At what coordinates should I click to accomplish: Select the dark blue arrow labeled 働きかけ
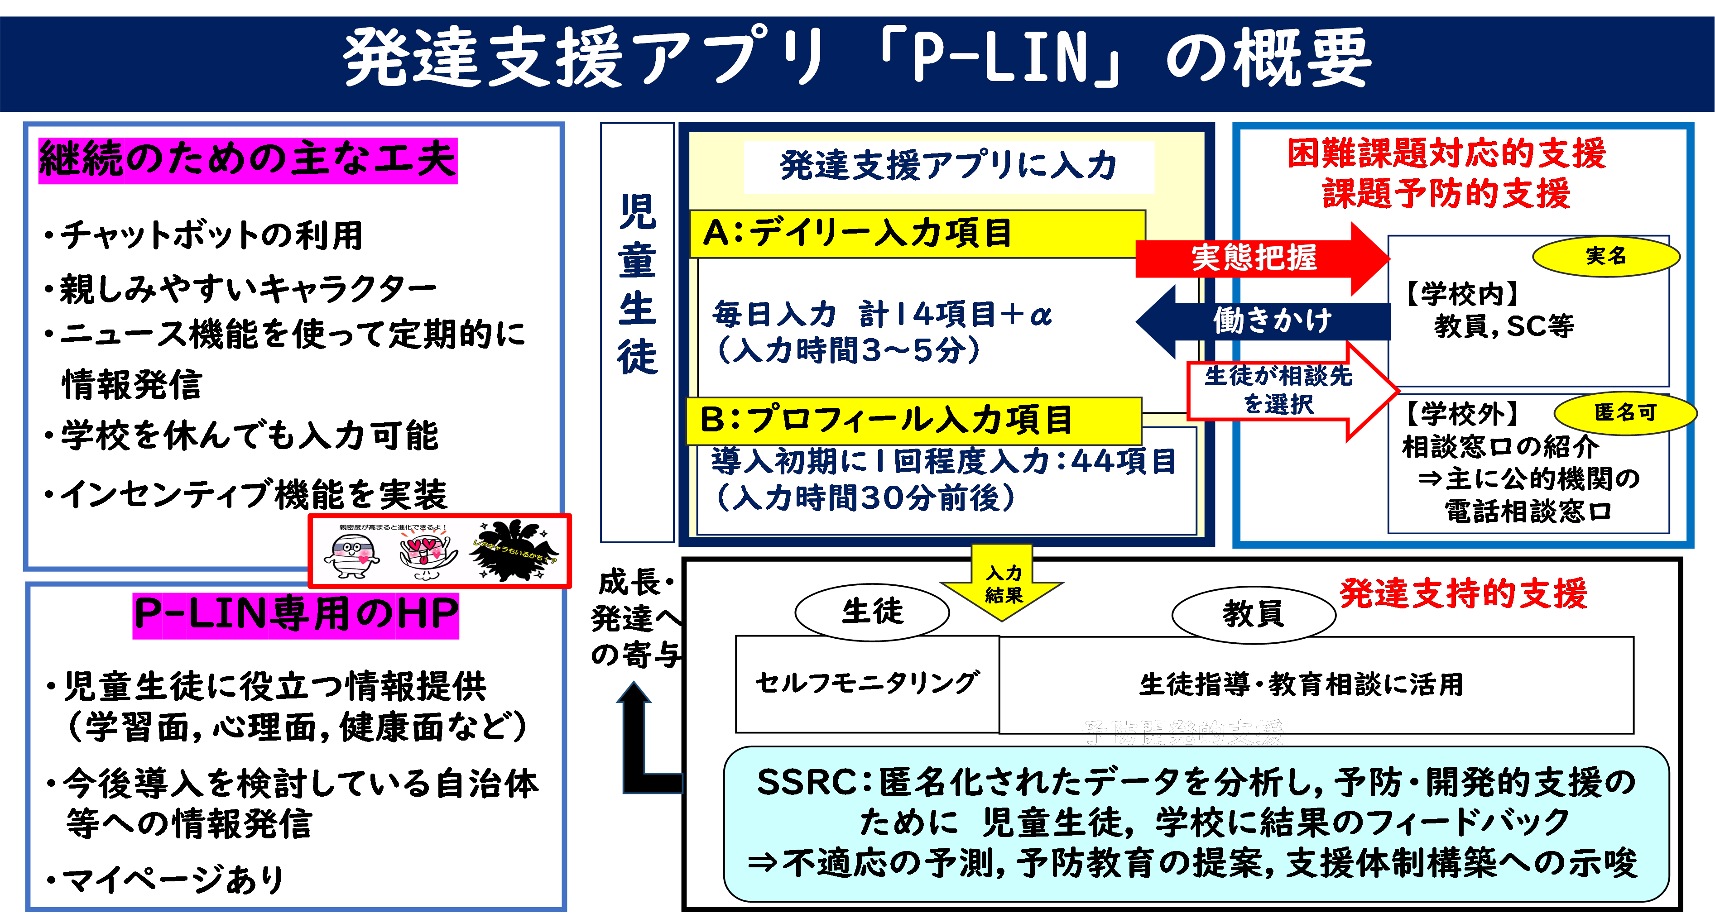[x=1265, y=321]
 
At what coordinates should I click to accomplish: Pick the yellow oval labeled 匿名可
[x=1624, y=412]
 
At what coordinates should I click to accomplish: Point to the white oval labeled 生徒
[x=872, y=612]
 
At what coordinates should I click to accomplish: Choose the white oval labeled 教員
[x=1253, y=613]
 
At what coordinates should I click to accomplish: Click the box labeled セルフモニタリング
[x=867, y=684]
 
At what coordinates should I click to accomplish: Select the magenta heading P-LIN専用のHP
[x=296, y=614]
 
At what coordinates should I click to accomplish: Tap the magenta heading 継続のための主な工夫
[x=248, y=160]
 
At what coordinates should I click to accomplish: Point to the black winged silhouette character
[x=513, y=550]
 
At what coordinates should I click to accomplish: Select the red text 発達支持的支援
[x=1463, y=593]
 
